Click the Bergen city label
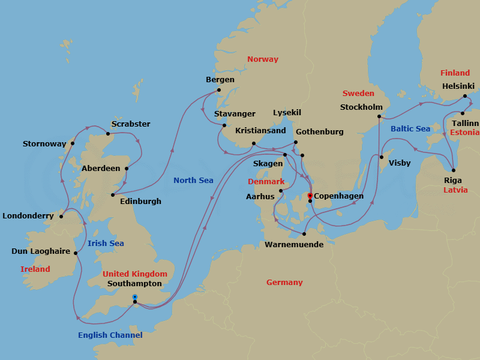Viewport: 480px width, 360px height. tap(220, 80)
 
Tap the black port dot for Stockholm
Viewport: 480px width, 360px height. tap(379, 117)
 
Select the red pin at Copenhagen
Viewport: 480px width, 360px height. tap(310, 195)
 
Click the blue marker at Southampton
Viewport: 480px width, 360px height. tap(134, 296)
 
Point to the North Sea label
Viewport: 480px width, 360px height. tap(193, 181)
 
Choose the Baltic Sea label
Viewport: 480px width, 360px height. tap(410, 129)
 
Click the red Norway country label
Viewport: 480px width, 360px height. tap(263, 59)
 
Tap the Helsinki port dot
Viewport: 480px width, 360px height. tap(464, 96)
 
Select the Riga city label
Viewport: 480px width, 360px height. tap(452, 180)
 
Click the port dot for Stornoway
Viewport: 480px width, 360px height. tap(73, 143)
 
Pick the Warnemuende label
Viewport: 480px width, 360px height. tap(294, 245)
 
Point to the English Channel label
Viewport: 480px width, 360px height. tap(110, 335)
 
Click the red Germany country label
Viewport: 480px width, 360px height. tap(284, 283)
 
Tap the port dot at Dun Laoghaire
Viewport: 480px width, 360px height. tap(76, 253)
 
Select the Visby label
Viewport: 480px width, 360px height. tap(400, 163)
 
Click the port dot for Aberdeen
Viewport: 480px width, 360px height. tap(126, 169)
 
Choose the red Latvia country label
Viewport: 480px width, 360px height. tap(455, 190)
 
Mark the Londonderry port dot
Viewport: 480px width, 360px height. tap(61, 217)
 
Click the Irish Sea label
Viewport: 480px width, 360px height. tap(106, 244)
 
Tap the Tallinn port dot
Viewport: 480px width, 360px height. tap(463, 113)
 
